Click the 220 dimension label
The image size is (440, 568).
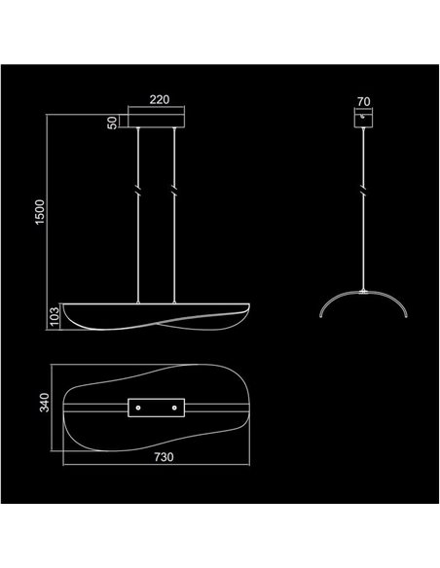(x=160, y=99)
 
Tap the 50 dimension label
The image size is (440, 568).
(x=112, y=123)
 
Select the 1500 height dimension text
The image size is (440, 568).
(x=40, y=212)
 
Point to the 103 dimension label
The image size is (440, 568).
(x=54, y=317)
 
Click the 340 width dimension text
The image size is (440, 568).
(x=44, y=403)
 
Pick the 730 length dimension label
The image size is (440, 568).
(x=164, y=457)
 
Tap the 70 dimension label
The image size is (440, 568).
(x=363, y=102)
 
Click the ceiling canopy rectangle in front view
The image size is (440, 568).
(x=156, y=121)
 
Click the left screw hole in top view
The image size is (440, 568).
(x=138, y=408)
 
